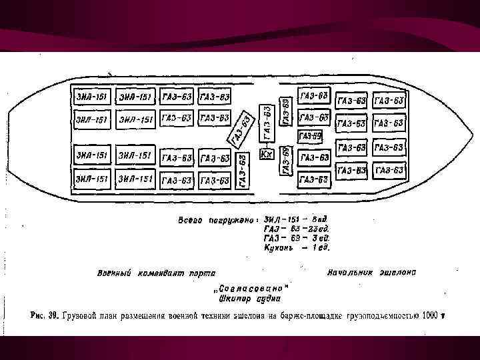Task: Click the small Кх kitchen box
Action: click(x=266, y=155)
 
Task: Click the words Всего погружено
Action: click(x=214, y=220)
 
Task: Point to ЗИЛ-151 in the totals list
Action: click(x=280, y=219)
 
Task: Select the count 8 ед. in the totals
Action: click(x=319, y=219)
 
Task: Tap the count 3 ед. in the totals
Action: click(x=319, y=237)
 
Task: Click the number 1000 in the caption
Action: click(x=429, y=315)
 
